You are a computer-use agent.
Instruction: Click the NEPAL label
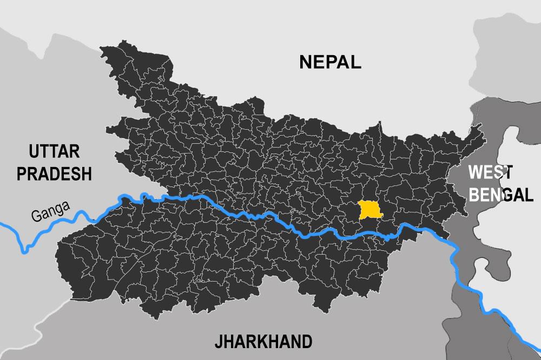(330, 62)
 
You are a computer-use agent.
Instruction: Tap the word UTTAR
(55, 151)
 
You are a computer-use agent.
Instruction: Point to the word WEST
(490, 172)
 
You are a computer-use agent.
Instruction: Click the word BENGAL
(501, 195)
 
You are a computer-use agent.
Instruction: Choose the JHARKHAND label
(263, 342)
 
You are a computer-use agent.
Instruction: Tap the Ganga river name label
(50, 211)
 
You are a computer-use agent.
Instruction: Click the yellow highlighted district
(370, 210)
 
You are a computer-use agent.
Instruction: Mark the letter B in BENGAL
(474, 195)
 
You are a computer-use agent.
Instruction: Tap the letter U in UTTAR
(35, 151)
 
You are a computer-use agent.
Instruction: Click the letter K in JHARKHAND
(261, 342)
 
